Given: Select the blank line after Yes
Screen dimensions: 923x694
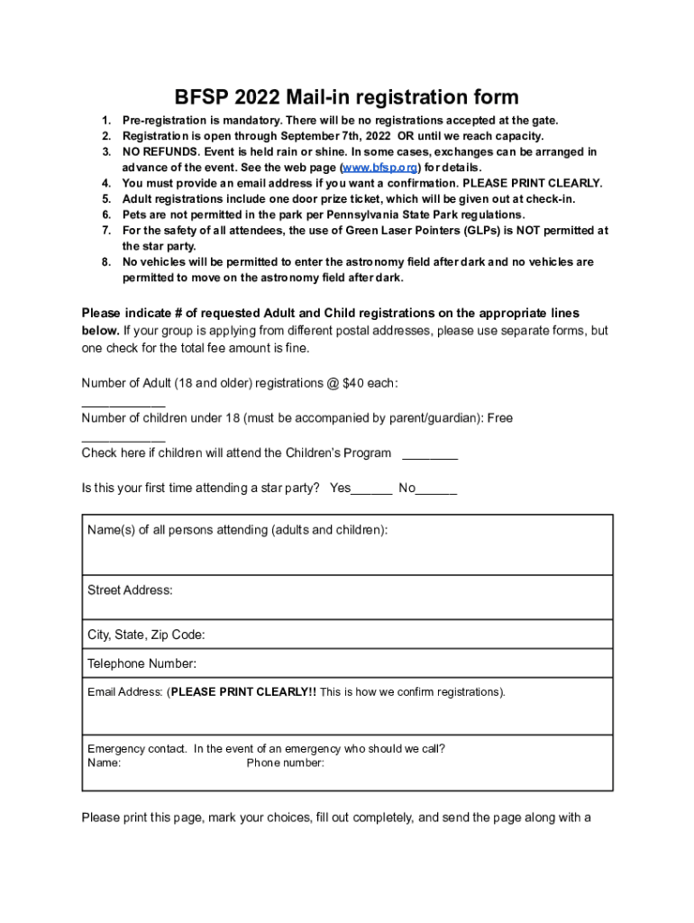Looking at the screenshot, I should coord(371,490).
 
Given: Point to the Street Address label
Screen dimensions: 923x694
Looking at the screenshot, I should coord(130,590).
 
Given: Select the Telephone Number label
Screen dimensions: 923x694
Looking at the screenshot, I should coord(142,664).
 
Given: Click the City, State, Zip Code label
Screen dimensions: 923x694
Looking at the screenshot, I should coord(146,635).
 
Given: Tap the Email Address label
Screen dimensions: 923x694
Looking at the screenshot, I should coord(125,692).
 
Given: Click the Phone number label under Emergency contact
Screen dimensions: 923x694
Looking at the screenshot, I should coord(286,763).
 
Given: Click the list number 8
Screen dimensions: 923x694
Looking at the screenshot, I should coord(105,262).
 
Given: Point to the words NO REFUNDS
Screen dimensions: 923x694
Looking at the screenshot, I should coord(157,152).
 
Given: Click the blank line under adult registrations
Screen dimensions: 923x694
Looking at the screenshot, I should coord(123,403).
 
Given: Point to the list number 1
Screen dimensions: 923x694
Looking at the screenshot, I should coord(105,120).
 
